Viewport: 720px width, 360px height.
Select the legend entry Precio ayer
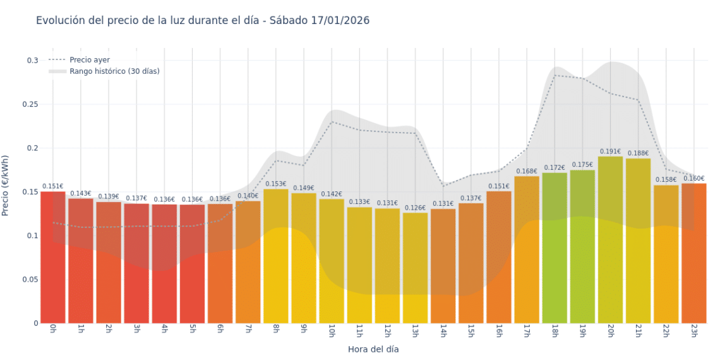pyautogui.click(x=89, y=60)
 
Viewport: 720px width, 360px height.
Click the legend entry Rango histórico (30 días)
pyautogui.click(x=114, y=71)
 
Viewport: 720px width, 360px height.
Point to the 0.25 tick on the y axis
pyautogui.click(x=29, y=104)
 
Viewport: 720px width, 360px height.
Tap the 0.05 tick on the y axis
pyautogui.click(x=29, y=279)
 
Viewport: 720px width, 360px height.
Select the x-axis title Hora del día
pyautogui.click(x=373, y=349)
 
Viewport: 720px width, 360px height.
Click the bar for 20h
pyautogui.click(x=610, y=240)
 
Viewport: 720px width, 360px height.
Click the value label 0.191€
pyautogui.click(x=610, y=152)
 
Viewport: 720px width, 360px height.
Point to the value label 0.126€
pyautogui.click(x=415, y=208)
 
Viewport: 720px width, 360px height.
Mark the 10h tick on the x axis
pyautogui.click(x=332, y=330)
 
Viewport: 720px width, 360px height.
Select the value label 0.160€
pyautogui.click(x=693, y=179)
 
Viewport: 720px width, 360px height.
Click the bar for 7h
pyautogui.click(x=248, y=262)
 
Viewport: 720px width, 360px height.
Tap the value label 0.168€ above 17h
pyautogui.click(x=527, y=171)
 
